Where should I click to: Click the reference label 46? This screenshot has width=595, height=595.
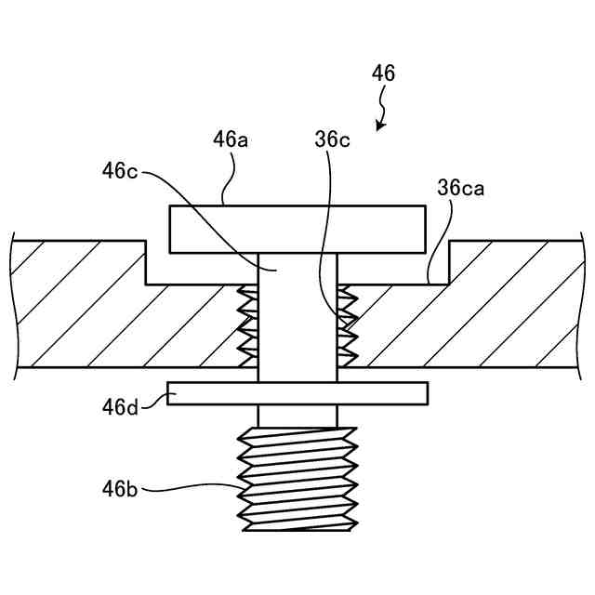[x=383, y=73]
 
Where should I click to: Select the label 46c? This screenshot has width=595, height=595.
[x=122, y=171]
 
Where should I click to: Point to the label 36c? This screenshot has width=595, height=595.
[x=332, y=139]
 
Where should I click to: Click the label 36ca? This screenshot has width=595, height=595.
[x=460, y=188]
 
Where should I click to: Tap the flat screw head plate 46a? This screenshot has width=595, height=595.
[x=297, y=229]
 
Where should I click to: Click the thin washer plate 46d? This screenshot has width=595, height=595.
[x=297, y=393]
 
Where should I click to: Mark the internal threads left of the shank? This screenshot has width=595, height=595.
[x=248, y=325]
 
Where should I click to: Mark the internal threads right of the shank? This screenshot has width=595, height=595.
[x=347, y=325]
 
